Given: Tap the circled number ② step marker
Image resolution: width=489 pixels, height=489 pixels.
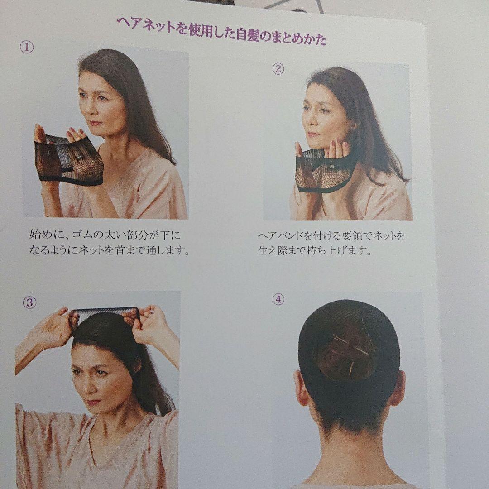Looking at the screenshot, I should [278, 69].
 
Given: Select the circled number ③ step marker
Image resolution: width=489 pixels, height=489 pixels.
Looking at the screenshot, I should [29, 303].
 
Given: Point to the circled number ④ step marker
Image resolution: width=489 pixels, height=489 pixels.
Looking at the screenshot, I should [278, 299].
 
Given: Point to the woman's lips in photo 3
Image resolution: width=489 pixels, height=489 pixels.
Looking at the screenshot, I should [93, 401].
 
